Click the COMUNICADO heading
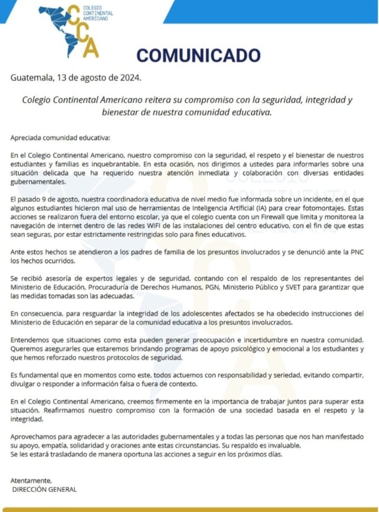pyautogui.click(x=198, y=55)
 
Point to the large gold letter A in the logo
pyautogui.click(x=91, y=48)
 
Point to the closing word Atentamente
pyautogui.click(x=31, y=480)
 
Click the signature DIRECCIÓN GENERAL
pyautogui.click(x=44, y=489)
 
